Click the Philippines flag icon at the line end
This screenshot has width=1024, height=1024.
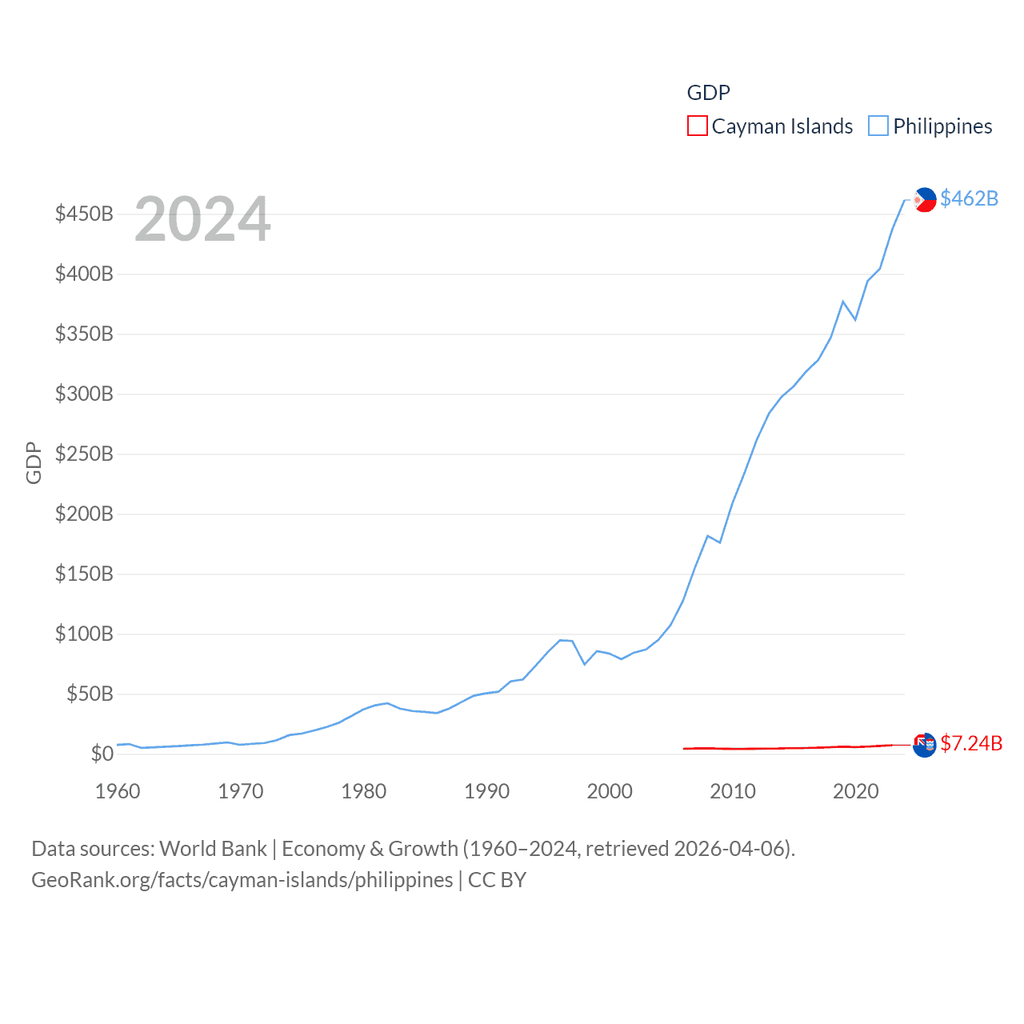[925, 199]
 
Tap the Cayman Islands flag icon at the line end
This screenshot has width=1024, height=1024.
[925, 745]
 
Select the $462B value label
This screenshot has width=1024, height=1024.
[969, 198]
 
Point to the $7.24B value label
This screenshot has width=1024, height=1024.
[971, 743]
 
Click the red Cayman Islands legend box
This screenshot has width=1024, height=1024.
[698, 126]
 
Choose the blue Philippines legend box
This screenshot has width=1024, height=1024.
[878, 126]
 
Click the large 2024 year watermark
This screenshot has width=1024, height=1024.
[202, 219]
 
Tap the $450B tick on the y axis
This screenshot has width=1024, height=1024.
[84, 214]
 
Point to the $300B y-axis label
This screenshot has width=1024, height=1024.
[84, 394]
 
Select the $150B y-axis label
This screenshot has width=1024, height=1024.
[84, 574]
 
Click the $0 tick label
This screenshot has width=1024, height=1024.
[102, 754]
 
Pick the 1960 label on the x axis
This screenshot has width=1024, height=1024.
[118, 791]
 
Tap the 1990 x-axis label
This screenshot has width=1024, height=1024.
[486, 791]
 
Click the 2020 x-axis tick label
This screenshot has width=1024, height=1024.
[855, 791]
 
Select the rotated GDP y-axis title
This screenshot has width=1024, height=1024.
[34, 462]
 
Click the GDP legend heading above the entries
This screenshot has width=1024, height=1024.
[708, 93]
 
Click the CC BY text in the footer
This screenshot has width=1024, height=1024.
[497, 880]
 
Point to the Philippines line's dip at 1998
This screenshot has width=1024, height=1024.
[585, 664]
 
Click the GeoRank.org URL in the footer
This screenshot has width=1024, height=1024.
[242, 880]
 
